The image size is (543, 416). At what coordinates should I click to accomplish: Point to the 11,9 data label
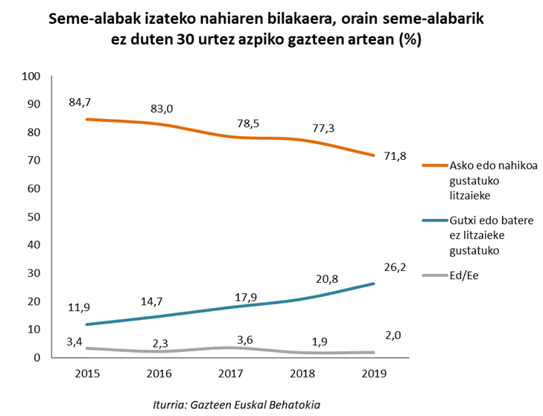[x=79, y=307]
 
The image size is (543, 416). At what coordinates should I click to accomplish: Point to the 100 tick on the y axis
[x=31, y=76]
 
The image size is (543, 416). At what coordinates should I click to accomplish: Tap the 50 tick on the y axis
[x=34, y=217]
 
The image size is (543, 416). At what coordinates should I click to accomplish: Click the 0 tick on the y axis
[x=36, y=357]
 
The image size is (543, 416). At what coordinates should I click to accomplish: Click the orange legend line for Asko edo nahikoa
[x=434, y=165]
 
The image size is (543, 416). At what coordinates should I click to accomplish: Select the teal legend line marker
[x=434, y=221]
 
